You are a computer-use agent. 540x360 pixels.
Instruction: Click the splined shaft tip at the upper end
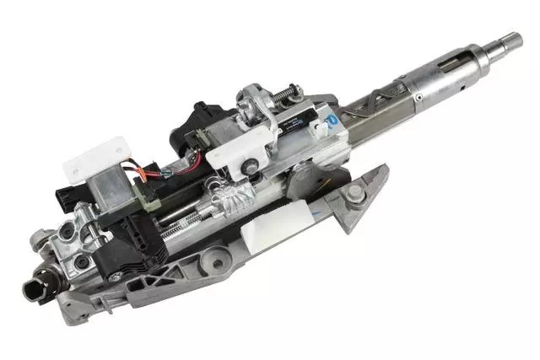(512, 38)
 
